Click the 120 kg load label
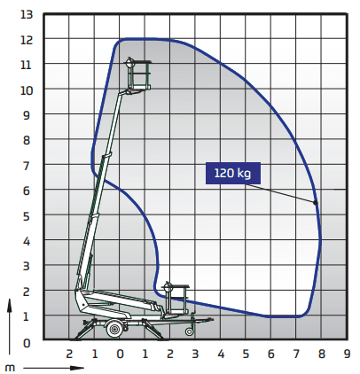point(233,173)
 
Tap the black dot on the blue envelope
point(316,203)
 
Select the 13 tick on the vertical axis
point(27,14)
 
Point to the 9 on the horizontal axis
point(347,354)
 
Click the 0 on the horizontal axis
point(120,354)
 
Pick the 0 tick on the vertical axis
point(27,343)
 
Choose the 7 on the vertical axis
point(27,166)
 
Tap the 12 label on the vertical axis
point(27,40)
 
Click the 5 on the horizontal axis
point(246,354)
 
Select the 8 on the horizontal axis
point(322,354)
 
